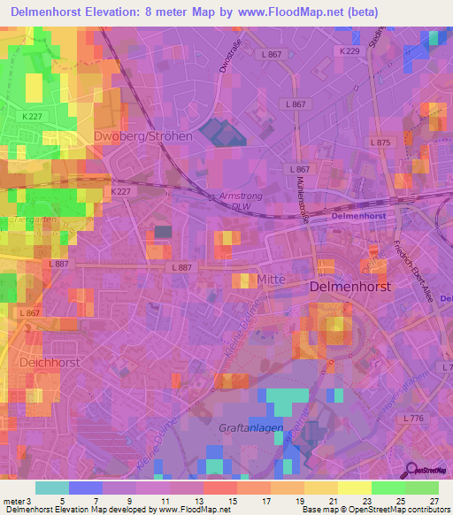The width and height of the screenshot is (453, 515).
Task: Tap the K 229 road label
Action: tap(350, 52)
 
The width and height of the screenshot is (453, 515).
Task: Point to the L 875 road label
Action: tap(380, 142)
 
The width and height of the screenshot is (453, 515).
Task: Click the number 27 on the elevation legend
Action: tap(433, 502)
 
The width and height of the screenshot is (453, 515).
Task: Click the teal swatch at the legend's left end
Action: tap(51, 488)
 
